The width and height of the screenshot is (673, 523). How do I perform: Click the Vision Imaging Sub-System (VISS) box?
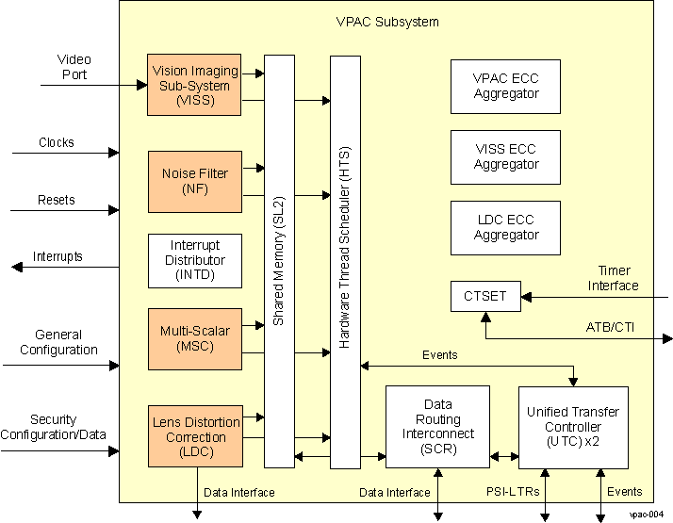(x=195, y=85)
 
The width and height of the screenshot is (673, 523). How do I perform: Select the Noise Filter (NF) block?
(x=195, y=180)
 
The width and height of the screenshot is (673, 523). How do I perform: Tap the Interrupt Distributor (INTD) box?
(x=195, y=260)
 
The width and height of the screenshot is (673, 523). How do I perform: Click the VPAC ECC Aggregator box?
(x=506, y=87)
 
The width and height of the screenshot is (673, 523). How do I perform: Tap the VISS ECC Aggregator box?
(x=506, y=157)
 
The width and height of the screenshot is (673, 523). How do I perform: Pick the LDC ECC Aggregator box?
(x=506, y=228)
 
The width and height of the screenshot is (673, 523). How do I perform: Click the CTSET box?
(x=484, y=297)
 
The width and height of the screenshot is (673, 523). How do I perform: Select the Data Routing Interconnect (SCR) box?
(x=437, y=427)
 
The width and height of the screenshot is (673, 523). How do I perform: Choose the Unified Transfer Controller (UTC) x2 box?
(x=573, y=427)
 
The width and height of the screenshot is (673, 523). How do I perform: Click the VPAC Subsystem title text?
(x=386, y=22)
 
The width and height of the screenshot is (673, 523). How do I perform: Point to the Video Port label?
(x=74, y=67)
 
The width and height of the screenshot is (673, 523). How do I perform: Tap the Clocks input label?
(x=57, y=143)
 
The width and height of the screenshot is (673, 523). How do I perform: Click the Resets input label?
(x=57, y=201)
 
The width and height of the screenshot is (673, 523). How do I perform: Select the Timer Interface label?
(x=613, y=279)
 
